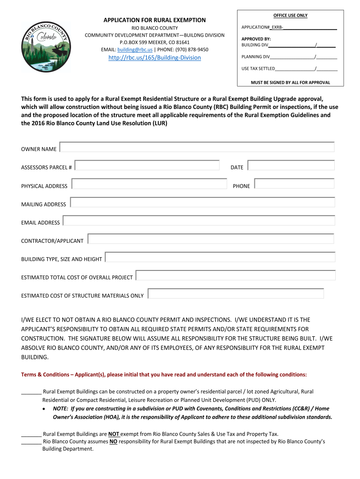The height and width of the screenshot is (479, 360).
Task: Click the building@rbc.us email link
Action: point(135,50)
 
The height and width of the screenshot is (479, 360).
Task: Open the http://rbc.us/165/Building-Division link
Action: point(154,58)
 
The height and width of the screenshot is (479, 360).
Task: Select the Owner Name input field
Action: point(197,147)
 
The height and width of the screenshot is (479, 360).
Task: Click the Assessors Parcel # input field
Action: point(147,166)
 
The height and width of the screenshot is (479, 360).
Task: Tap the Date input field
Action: point(291,166)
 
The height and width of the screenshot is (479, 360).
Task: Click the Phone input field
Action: point(294,184)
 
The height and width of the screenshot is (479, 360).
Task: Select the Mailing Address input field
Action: point(202,202)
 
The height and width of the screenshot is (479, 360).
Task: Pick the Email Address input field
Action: point(199,220)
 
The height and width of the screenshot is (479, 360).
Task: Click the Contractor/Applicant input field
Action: point(211,239)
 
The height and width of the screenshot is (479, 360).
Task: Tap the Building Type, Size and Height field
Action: point(220,257)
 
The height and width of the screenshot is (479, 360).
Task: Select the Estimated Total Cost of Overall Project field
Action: point(236,276)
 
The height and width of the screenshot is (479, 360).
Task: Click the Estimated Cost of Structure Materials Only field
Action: point(236,294)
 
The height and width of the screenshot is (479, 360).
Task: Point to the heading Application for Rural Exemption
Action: point(154,20)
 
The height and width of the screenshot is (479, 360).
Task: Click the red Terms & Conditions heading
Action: point(164,375)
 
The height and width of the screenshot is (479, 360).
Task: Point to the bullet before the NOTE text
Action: point(44,408)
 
